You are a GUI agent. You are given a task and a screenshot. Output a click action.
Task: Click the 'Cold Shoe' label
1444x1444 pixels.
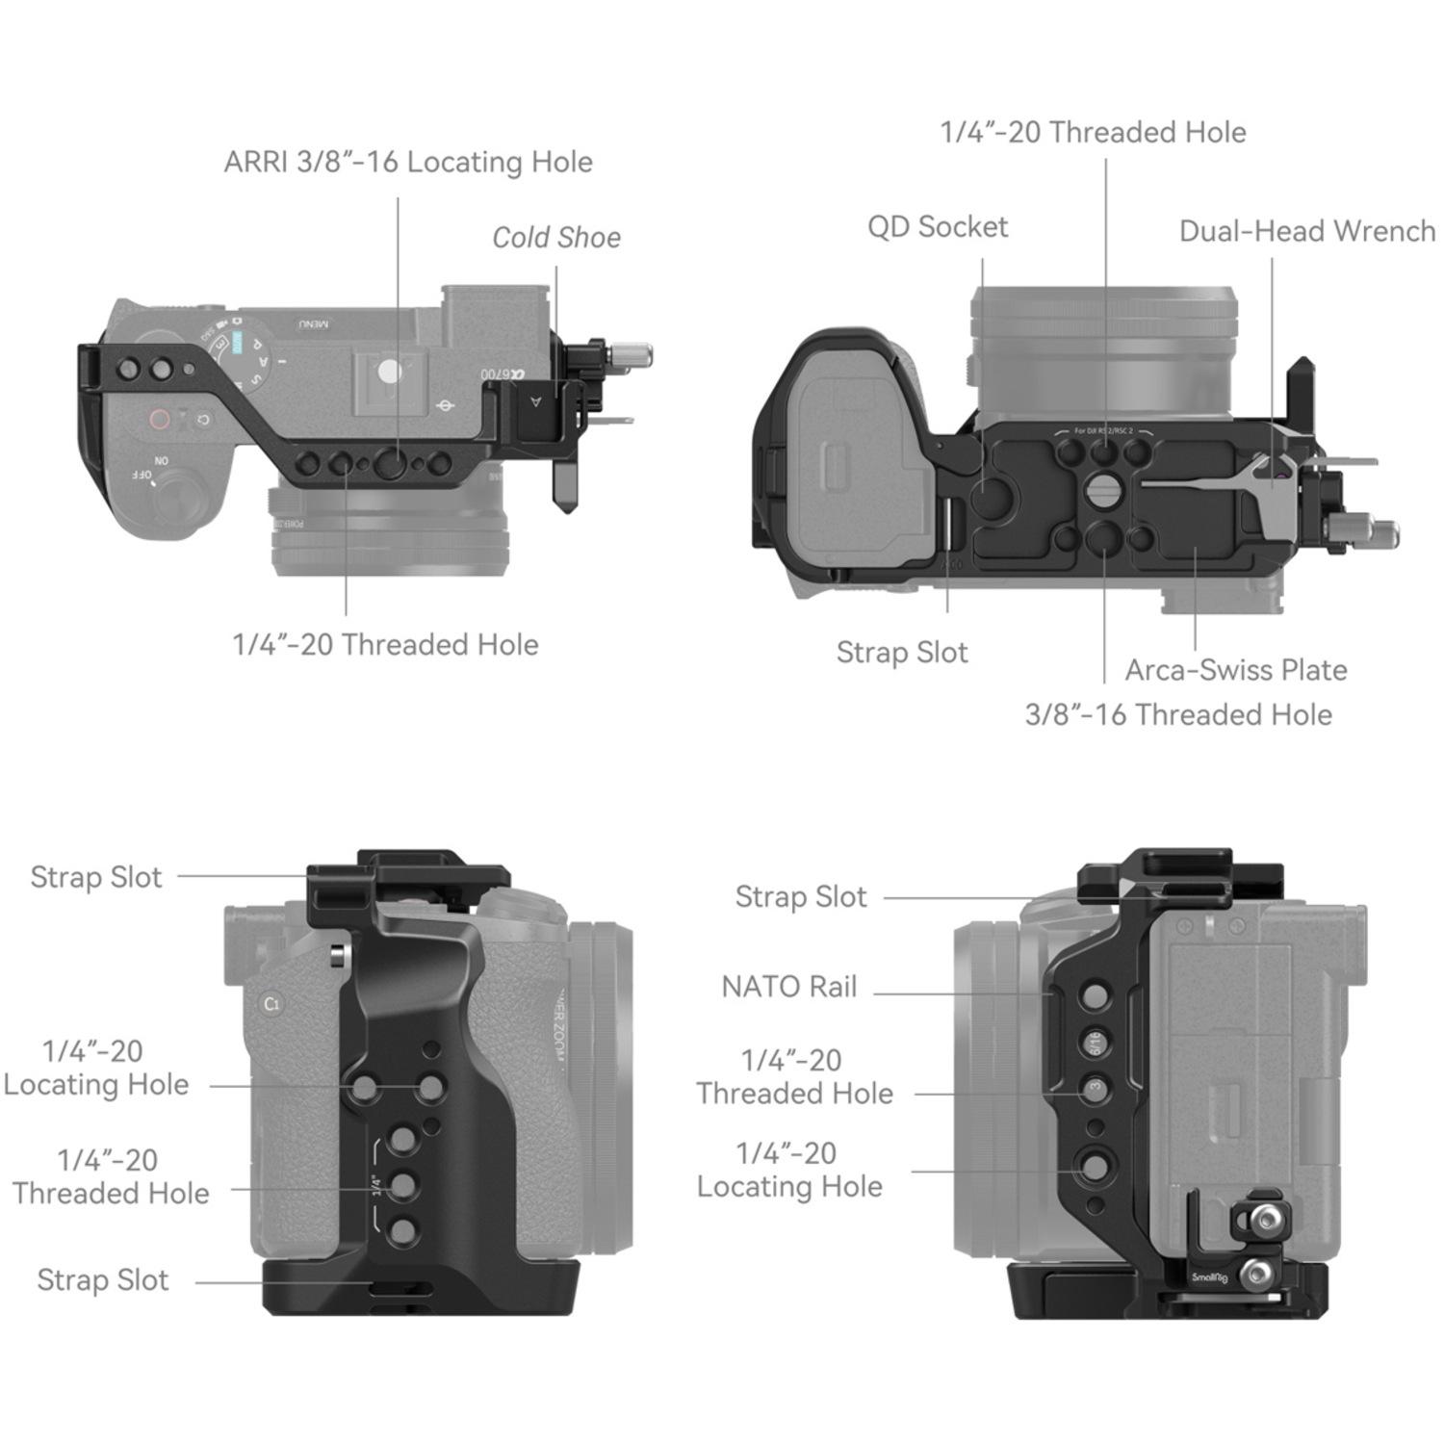click(x=556, y=237)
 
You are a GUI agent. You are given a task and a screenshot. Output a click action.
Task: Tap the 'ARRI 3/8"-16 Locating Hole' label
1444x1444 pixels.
click(x=408, y=162)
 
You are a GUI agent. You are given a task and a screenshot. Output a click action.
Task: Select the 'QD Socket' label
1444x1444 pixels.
click(x=938, y=227)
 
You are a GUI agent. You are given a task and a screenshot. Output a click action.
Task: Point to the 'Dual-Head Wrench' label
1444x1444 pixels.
click(x=1306, y=231)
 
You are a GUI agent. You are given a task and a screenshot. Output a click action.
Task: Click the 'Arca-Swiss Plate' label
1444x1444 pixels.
click(x=1236, y=670)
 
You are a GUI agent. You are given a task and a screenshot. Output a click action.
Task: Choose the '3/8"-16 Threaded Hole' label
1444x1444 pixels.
click(x=1178, y=714)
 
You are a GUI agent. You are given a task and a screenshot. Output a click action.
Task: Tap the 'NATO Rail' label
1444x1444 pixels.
click(x=788, y=987)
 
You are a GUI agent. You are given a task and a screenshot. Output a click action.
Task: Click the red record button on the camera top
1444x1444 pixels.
click(x=159, y=420)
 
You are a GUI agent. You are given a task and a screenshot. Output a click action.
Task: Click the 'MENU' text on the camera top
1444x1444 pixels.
click(x=313, y=324)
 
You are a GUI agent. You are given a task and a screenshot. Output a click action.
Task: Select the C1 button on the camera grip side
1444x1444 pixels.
click(x=271, y=1004)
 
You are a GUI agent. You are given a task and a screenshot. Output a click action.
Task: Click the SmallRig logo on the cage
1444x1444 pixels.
click(x=1209, y=1277)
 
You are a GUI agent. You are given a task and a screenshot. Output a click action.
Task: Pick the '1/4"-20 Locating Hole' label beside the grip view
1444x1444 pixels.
click(x=96, y=1068)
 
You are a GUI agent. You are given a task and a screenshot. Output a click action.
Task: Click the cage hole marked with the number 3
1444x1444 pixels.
click(x=1095, y=1087)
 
